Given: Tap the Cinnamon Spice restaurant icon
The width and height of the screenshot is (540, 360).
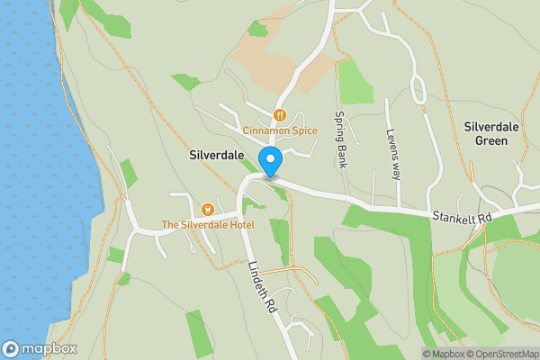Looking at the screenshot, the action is (x=280, y=115).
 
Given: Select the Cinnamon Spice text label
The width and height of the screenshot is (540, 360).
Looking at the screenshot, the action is (x=280, y=130).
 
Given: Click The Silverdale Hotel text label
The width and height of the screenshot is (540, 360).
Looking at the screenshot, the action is (x=208, y=224).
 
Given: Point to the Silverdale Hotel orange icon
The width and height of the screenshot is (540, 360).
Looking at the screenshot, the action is (x=208, y=209).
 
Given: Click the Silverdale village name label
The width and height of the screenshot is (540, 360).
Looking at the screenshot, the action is (x=217, y=155).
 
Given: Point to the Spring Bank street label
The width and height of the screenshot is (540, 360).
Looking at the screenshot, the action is (x=340, y=140).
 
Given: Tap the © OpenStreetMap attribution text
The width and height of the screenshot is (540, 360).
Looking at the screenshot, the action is (x=503, y=354).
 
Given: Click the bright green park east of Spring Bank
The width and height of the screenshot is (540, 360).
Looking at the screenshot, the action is (x=355, y=83).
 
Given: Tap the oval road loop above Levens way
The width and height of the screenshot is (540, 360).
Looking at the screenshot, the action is (x=418, y=89).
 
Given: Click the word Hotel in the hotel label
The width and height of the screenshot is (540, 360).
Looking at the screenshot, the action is (x=240, y=224).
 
